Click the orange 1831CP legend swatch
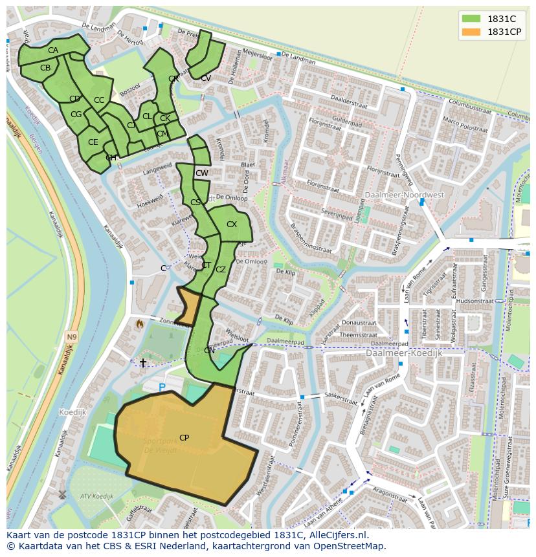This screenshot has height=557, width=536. click(x=471, y=32)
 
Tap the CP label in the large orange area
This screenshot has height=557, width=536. click(x=184, y=438)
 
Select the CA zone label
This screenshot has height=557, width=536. click(x=53, y=50)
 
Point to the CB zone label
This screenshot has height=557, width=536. click(x=45, y=68)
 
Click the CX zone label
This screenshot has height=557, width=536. click(x=232, y=224)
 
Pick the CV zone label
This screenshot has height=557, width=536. click(x=206, y=78)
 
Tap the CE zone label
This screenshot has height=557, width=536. click(x=93, y=142)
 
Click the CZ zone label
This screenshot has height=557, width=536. click(x=221, y=270)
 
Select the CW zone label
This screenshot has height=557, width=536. click(x=202, y=173)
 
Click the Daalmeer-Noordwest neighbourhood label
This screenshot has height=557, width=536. click(x=396, y=195)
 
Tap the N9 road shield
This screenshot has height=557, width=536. click(x=71, y=337)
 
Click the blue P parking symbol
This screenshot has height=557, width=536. click(x=162, y=388)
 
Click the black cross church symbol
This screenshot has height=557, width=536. click(x=143, y=363)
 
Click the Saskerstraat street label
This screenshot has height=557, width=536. click(x=341, y=399)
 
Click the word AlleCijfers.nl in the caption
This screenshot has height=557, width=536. click(x=336, y=536)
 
